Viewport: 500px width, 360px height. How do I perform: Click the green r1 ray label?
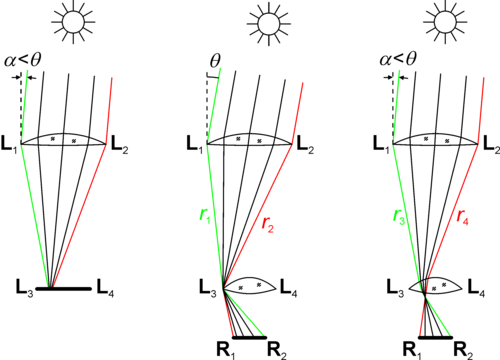pos(205,216)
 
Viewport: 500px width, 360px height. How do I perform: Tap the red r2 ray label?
pos(268,224)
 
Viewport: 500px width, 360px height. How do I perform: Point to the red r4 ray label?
pos(463,217)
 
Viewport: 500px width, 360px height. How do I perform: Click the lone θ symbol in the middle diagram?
pos(215,60)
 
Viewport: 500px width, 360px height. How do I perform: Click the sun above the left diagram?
pos(73,22)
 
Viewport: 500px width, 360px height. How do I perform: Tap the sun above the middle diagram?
pos(269,24)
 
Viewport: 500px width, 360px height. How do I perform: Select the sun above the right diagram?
pos(445,22)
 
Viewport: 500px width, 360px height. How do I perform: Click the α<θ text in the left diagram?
pos(23,60)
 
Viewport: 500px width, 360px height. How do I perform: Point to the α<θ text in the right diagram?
pos(398,60)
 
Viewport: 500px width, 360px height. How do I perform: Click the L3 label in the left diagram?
pos(25,287)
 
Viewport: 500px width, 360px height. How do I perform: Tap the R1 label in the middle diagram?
pos(226,351)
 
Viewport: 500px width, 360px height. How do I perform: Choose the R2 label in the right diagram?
pos(463,351)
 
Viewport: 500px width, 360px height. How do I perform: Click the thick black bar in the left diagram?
pos(63,289)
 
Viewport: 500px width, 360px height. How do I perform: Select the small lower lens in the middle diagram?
pos(250,286)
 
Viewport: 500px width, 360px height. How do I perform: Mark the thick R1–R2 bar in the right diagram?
pos(435,337)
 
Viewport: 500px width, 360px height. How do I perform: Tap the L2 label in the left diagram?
pos(120,145)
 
